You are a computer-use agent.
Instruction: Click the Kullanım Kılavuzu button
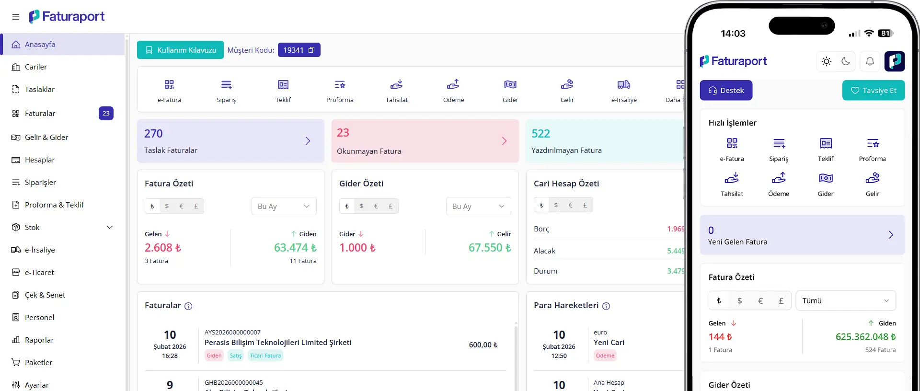tap(180, 50)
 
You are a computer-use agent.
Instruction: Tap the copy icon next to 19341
tap(311, 50)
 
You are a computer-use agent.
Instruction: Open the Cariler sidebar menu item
tap(36, 67)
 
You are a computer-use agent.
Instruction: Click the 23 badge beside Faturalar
tap(106, 114)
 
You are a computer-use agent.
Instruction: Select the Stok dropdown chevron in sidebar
tap(110, 228)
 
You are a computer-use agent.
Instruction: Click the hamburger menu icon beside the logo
tap(16, 17)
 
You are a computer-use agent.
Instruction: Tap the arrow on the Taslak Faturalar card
tap(308, 141)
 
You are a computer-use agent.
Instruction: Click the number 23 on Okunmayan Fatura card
tap(343, 133)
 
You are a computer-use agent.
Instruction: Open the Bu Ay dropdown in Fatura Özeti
tap(284, 206)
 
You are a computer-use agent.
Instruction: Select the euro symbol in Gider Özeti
tap(376, 206)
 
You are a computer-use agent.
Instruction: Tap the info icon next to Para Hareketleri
tap(606, 306)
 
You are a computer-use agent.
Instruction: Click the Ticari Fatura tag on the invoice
tap(265, 356)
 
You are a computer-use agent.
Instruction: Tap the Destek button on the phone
tap(726, 91)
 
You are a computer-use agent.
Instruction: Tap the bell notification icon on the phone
tap(870, 61)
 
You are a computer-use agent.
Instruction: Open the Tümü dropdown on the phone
tap(846, 300)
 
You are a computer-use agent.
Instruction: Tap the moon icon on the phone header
tap(846, 61)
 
